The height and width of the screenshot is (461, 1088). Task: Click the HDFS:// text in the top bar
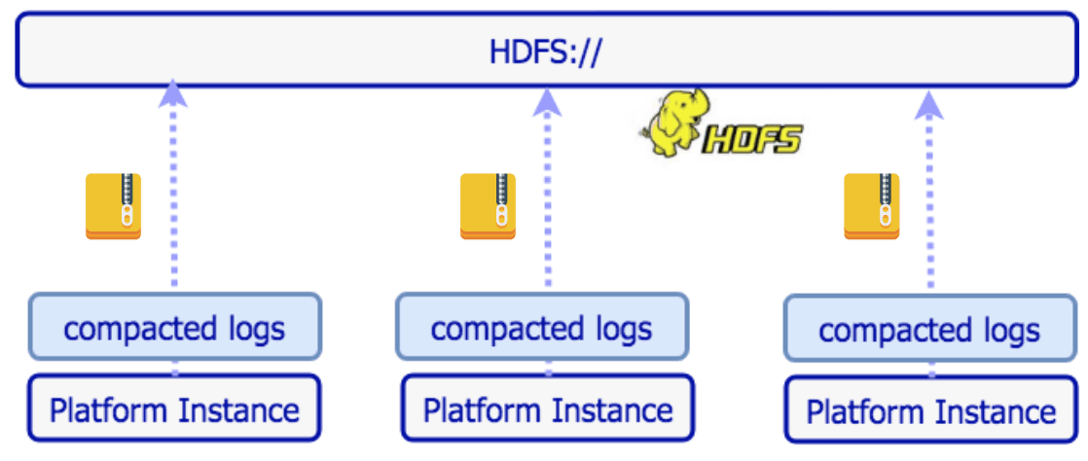[x=544, y=51]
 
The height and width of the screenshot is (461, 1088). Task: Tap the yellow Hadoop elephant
[x=672, y=124]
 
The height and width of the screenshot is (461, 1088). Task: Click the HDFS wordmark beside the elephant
[x=754, y=139]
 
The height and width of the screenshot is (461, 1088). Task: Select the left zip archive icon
[x=113, y=206]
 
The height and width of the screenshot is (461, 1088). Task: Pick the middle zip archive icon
[x=488, y=206]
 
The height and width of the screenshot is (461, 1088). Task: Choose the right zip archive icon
[x=871, y=206]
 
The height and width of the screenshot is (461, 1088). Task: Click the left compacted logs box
[x=174, y=328]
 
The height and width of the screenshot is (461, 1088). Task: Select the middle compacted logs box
[x=541, y=328]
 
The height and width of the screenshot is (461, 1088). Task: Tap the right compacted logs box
[x=929, y=330]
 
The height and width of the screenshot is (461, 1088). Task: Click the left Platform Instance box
[x=174, y=408]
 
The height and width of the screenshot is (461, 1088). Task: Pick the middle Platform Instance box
[x=547, y=408]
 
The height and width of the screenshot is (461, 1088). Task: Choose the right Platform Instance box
[x=931, y=410]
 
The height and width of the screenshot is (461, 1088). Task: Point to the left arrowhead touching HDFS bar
[x=173, y=91]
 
